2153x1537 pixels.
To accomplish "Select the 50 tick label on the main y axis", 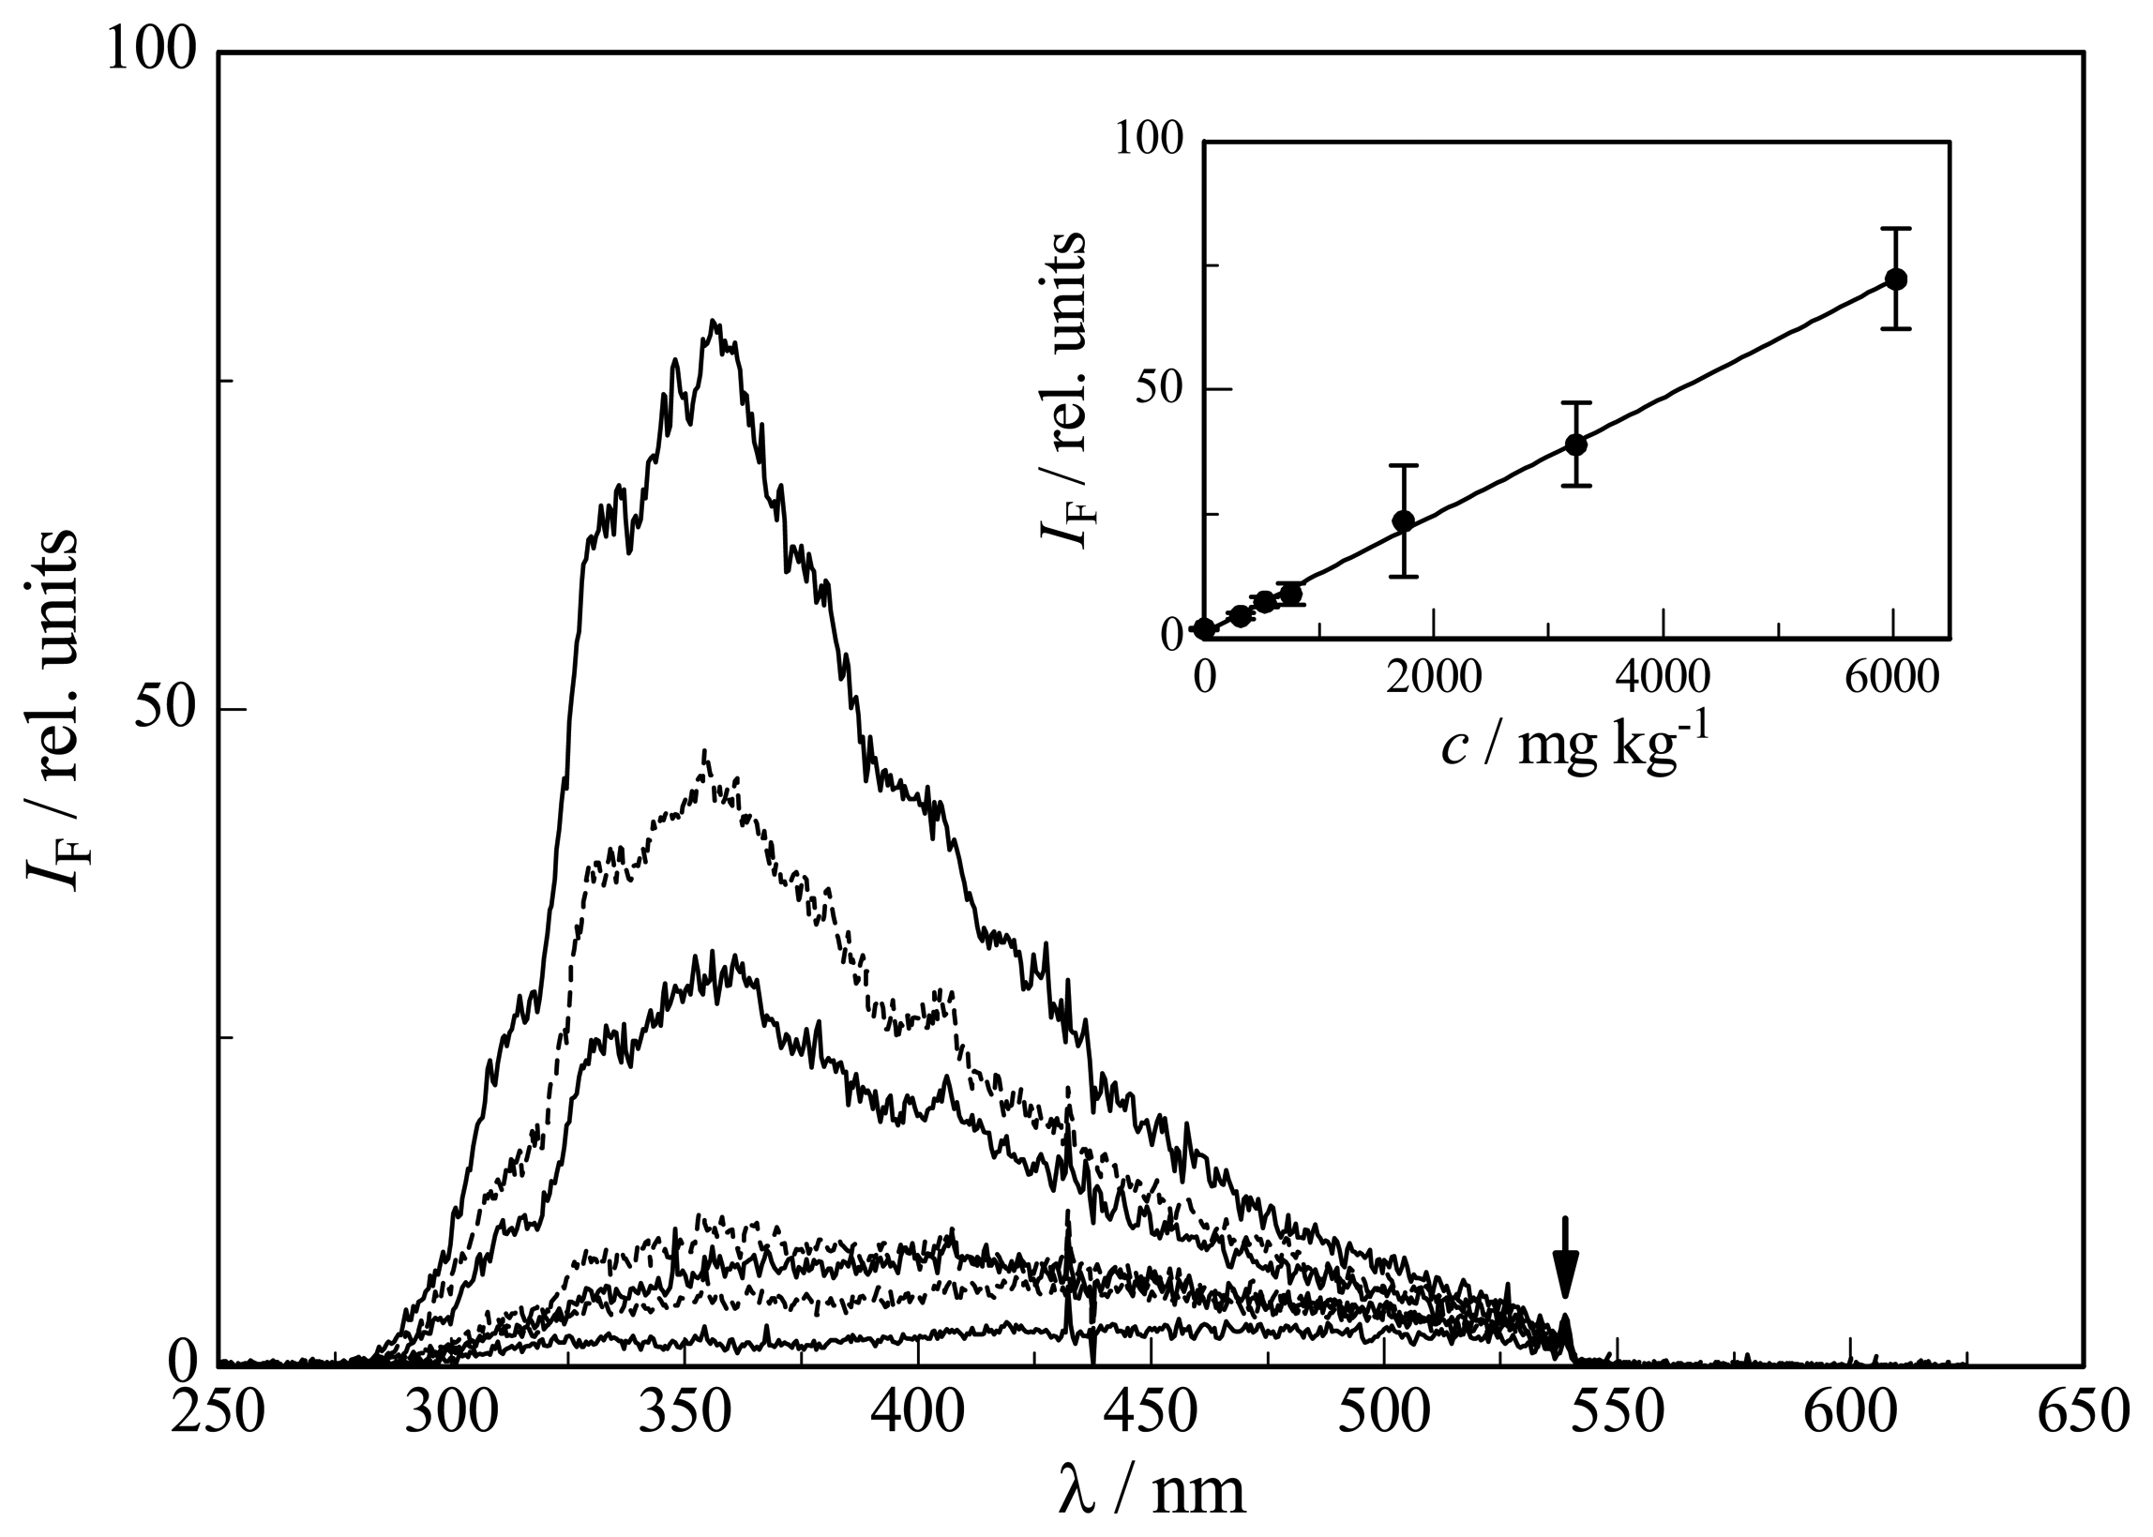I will point(161,709).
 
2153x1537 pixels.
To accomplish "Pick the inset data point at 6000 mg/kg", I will point(1895,279).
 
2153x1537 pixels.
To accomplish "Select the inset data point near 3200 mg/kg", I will point(1575,444).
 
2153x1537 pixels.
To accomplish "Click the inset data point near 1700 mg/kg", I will point(1404,520).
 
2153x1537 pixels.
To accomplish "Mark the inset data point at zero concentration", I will point(1204,628).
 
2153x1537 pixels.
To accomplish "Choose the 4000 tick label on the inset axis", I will point(1663,679).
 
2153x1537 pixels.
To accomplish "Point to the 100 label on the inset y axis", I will point(1147,140).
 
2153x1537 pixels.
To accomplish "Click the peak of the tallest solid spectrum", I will point(715,323).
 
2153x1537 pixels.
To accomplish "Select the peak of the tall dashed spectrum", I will point(705,752).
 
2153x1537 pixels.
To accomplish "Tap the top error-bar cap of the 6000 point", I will point(1895,228).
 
